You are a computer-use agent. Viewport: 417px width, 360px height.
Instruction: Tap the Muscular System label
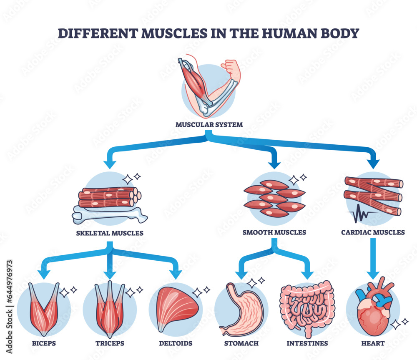[x=208, y=124]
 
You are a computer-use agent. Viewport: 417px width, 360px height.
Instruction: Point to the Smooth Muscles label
[x=274, y=232]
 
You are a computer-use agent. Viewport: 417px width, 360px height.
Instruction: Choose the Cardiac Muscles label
[x=373, y=232]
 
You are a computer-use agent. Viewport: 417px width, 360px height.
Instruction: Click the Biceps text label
[x=43, y=343]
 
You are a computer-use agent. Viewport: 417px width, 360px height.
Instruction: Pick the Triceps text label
[x=110, y=343]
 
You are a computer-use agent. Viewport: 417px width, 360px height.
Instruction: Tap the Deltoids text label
[x=176, y=343]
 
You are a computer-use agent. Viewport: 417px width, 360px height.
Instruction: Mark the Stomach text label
[x=241, y=343]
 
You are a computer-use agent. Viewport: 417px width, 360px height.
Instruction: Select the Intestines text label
[x=307, y=343]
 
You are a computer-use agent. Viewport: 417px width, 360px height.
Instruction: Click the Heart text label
[x=373, y=343]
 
